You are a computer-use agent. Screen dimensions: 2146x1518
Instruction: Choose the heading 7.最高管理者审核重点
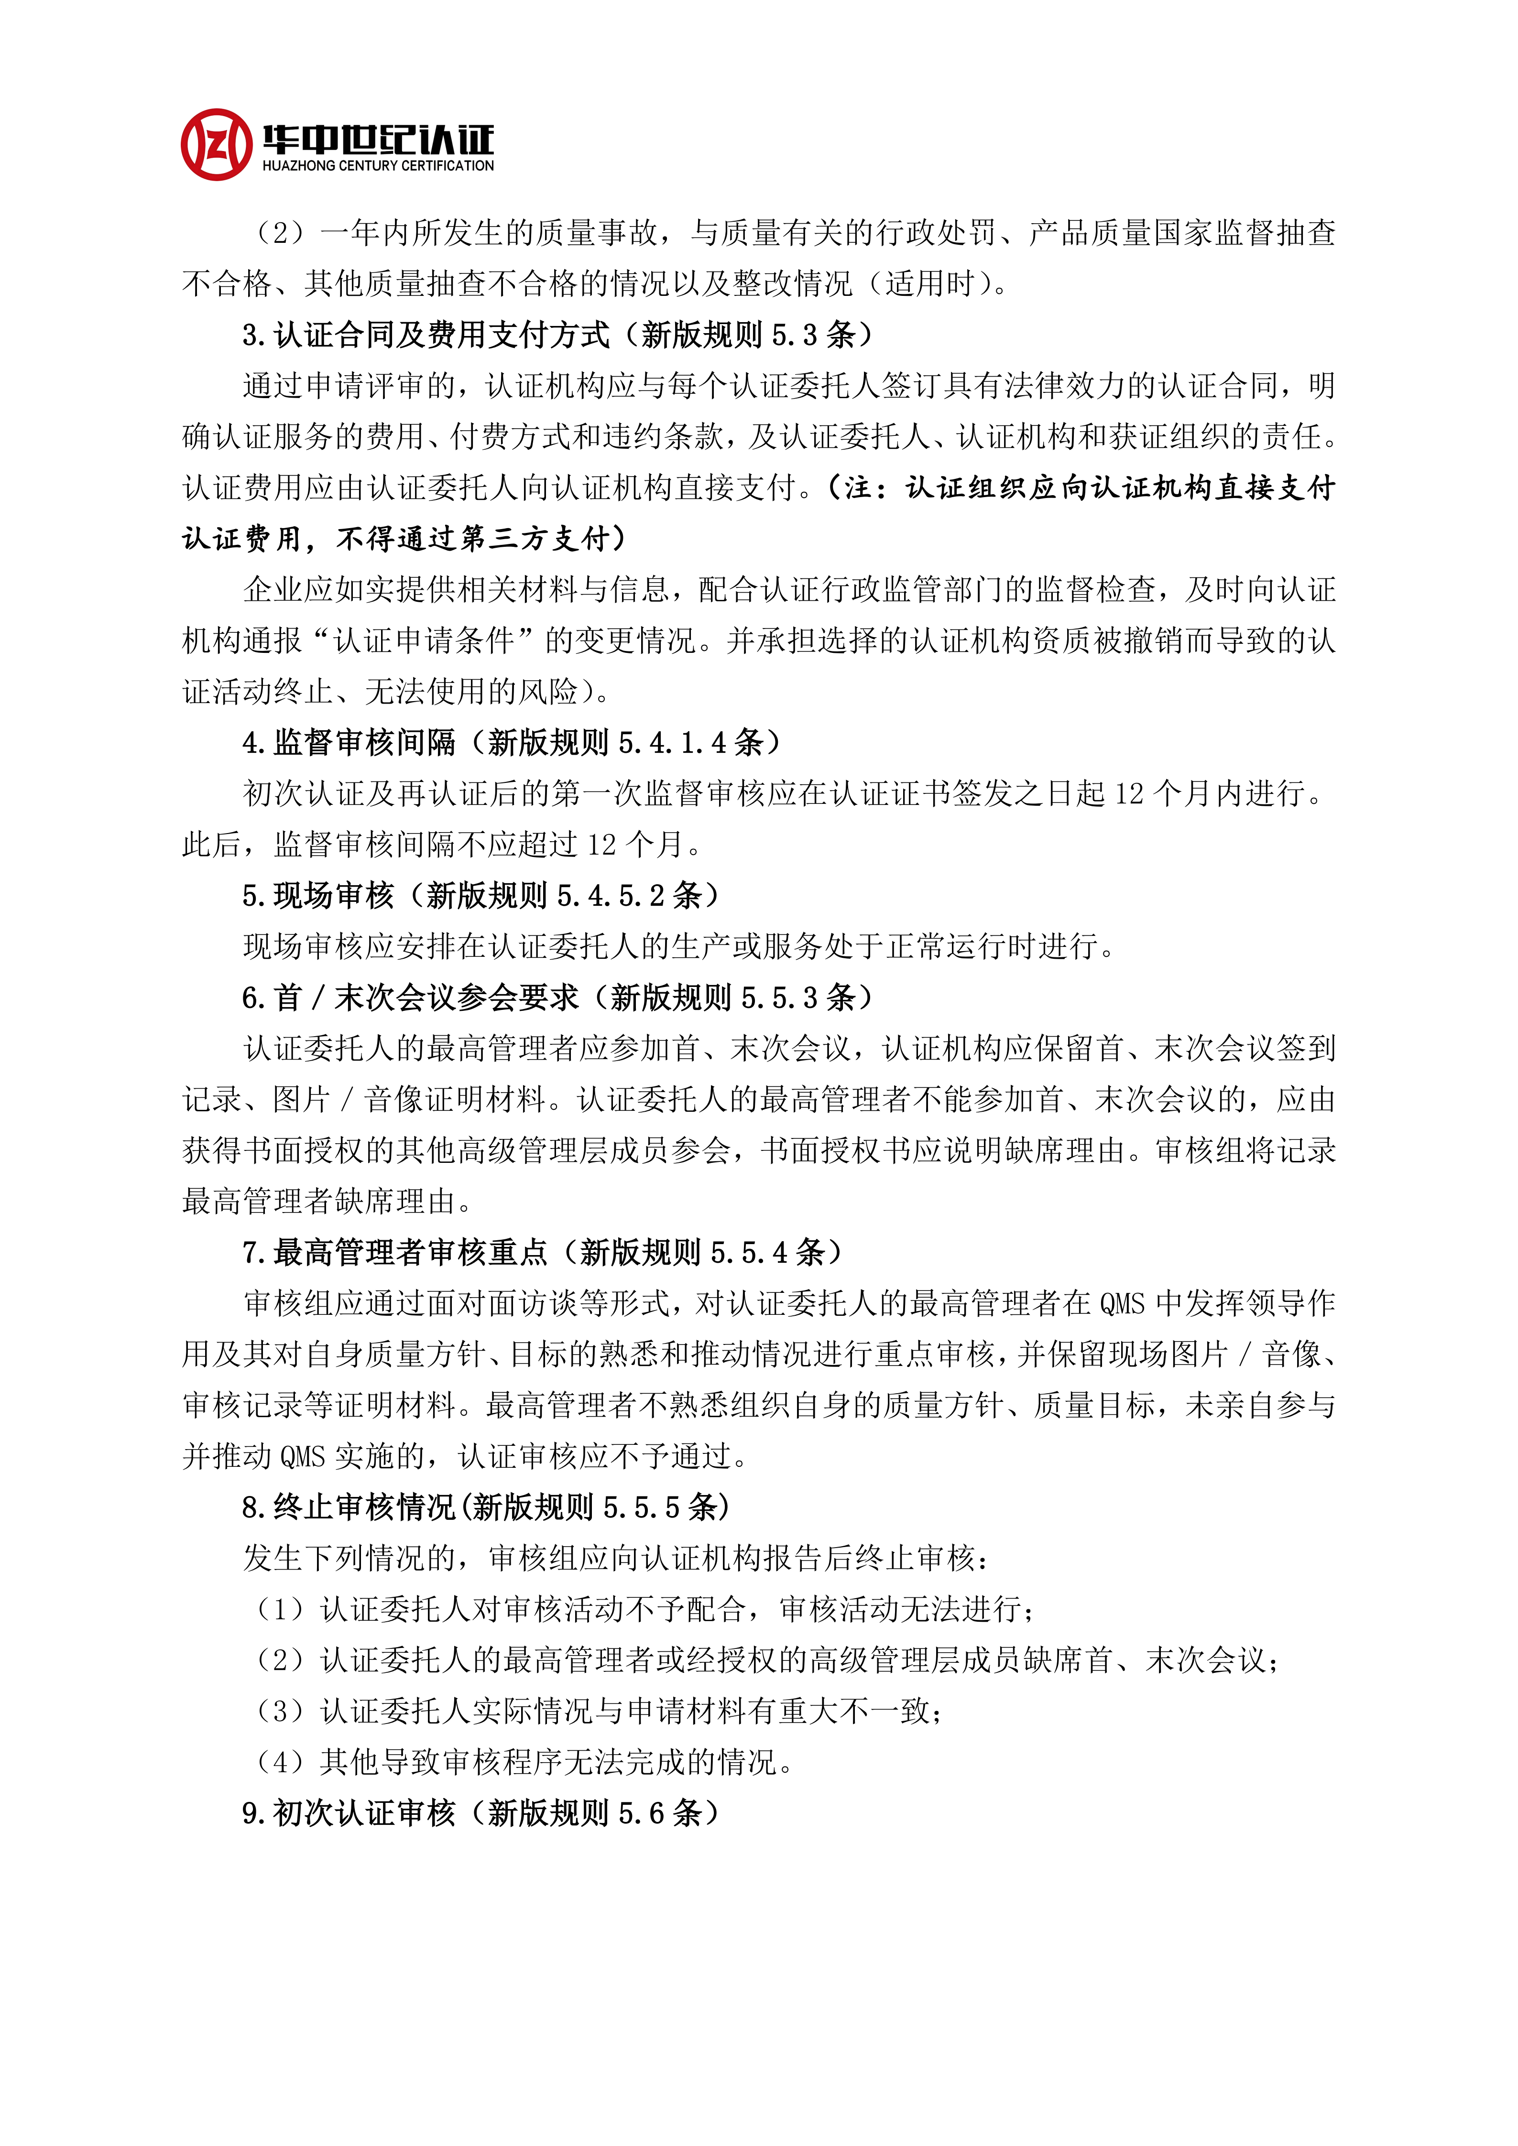click(x=394, y=1252)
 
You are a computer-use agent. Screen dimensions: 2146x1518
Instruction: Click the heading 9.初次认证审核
click(x=349, y=1813)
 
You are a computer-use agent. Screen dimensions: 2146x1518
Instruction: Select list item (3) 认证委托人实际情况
click(x=598, y=1711)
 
